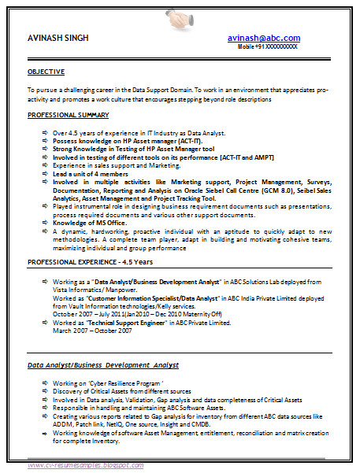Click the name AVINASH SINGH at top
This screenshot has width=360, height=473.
pos(58,39)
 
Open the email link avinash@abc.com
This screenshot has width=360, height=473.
pos(264,38)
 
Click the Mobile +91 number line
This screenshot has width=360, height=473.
pos(268,47)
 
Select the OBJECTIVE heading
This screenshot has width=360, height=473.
pos(46,72)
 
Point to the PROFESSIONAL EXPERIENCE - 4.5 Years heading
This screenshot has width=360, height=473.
pos(91,261)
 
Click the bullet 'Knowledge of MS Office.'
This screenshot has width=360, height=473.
pos(90,223)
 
